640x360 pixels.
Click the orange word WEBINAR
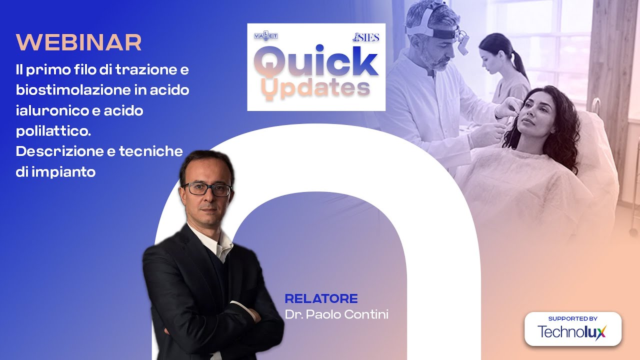pos(78,43)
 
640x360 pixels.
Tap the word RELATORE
pos(321,299)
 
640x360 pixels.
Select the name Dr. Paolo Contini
pos(336,315)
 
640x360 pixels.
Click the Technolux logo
pos(572,331)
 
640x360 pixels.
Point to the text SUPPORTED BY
pos(572,318)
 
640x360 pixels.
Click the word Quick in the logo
pos(316,62)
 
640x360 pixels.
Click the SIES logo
pos(366,37)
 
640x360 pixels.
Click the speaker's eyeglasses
pos(208,189)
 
